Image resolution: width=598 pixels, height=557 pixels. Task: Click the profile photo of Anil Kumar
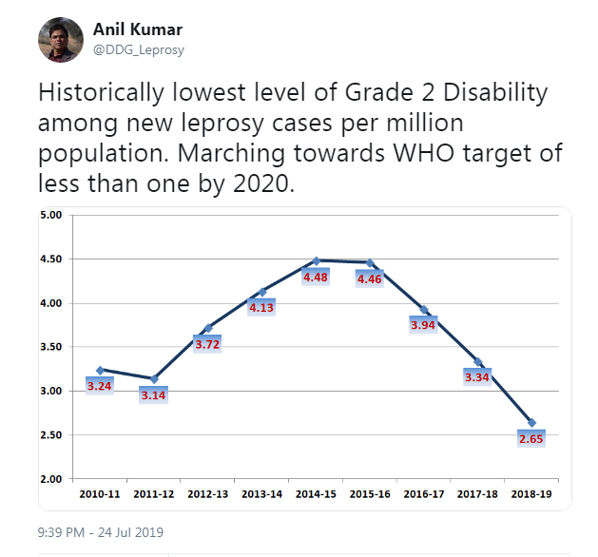coord(59,39)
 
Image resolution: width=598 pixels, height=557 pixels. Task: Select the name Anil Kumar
coord(137,29)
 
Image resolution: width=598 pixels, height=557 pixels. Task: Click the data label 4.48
coord(316,277)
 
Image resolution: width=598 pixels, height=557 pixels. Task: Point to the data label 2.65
coord(531,439)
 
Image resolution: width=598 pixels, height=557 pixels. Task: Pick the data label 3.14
coord(153,394)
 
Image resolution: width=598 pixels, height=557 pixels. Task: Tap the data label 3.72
coord(207,344)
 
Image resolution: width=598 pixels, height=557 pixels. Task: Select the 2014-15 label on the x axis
coord(316,494)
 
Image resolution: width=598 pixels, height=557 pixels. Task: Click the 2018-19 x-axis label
coord(531,494)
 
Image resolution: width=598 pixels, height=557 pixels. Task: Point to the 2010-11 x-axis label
coord(99,494)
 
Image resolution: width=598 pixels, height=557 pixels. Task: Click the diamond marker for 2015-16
coord(370,262)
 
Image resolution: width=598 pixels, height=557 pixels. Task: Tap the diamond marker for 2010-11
coord(100,370)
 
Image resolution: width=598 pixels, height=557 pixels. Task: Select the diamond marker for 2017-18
coord(478,362)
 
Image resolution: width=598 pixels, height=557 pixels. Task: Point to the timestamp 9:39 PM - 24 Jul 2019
coord(101,532)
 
